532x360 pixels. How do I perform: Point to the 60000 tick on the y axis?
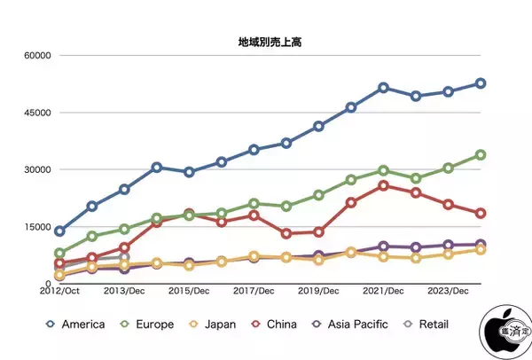(36, 56)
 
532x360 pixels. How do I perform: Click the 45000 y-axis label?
(36, 113)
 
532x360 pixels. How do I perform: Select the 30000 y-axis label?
(36, 169)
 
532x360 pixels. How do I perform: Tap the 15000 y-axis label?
(36, 227)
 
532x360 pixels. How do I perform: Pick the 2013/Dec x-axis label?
(125, 291)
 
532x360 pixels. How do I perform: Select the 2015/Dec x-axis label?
(190, 291)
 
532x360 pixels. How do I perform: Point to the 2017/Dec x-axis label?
(254, 291)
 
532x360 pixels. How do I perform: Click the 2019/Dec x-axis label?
(319, 291)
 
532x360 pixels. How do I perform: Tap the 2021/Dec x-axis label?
(384, 291)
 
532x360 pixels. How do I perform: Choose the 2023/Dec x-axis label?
(449, 291)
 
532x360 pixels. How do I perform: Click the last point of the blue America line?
(481, 83)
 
